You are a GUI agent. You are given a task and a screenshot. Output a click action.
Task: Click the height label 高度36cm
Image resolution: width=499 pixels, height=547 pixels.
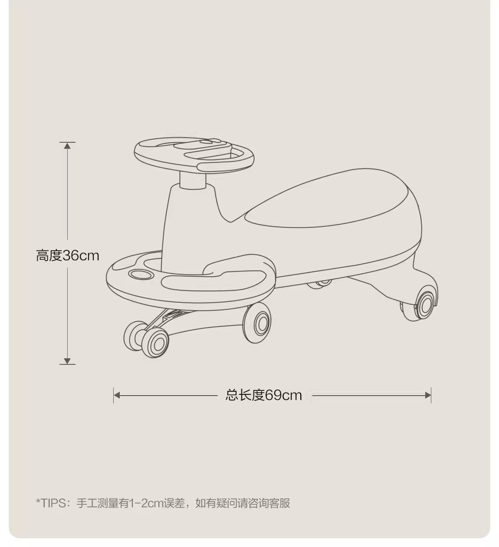click(68, 255)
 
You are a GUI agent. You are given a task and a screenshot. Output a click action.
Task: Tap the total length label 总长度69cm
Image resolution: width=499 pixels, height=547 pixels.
click(264, 395)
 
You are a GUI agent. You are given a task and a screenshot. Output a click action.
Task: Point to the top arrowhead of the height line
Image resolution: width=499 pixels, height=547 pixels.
click(67, 146)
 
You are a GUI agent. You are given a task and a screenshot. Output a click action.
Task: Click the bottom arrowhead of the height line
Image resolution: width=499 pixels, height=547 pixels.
click(67, 361)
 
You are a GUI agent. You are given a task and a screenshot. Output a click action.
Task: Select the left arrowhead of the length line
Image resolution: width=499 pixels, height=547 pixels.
click(117, 395)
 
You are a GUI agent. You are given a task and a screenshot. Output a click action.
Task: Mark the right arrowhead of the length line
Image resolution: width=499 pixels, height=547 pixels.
click(428, 395)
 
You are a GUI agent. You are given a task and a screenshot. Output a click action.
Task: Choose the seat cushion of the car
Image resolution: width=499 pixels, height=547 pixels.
click(330, 200)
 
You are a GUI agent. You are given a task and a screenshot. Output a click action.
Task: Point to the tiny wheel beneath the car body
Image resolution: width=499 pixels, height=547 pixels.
click(322, 284)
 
